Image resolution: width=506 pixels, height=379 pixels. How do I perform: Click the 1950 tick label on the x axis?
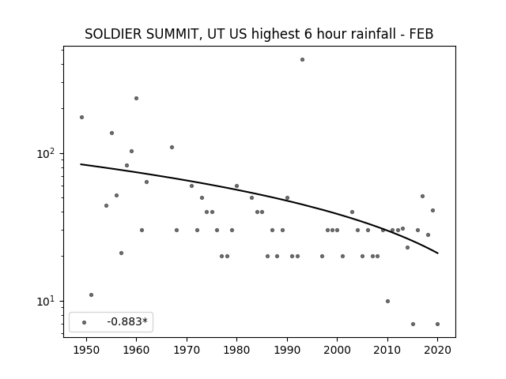(x=86, y=350)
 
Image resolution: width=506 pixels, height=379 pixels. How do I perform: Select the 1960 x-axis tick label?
(x=136, y=350)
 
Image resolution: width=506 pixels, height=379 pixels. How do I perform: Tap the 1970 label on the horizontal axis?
(x=187, y=350)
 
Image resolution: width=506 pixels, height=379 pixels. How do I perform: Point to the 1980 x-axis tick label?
(x=236, y=350)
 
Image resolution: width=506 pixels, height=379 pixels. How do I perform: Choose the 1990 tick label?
(x=287, y=350)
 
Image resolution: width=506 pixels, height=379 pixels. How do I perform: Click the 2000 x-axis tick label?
(x=338, y=350)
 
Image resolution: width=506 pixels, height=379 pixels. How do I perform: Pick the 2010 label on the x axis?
(x=387, y=350)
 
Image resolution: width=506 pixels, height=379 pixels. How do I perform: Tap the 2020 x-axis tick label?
(x=437, y=350)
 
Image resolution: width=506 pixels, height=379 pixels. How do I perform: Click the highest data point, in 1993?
(x=302, y=60)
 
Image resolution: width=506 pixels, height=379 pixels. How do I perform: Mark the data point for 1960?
(x=136, y=98)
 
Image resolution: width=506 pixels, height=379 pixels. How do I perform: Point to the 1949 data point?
(x=81, y=118)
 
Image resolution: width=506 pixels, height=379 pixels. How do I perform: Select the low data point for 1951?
(x=92, y=295)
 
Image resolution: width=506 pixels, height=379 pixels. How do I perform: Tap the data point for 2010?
(x=387, y=302)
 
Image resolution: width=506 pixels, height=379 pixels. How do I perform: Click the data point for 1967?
(x=172, y=148)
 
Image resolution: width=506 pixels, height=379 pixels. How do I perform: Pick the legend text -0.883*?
(x=127, y=321)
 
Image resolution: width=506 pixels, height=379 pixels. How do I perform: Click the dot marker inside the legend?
(x=85, y=322)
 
